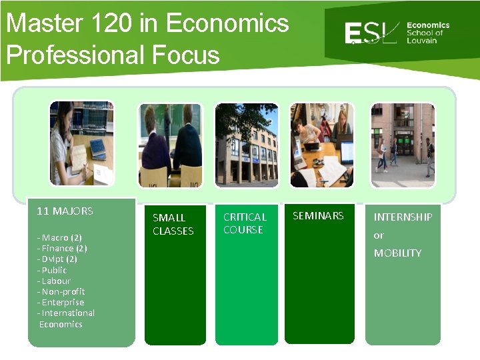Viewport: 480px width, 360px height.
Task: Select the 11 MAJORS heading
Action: click(65, 211)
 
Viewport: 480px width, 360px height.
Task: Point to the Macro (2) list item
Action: click(60, 237)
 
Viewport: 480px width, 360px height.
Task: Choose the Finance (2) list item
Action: click(63, 248)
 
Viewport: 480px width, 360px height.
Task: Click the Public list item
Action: click(53, 270)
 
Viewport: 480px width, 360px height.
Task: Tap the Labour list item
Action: click(54, 281)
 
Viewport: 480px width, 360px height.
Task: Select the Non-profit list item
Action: click(61, 291)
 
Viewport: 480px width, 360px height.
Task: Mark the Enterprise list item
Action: click(61, 302)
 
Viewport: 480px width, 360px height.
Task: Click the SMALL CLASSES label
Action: click(173, 225)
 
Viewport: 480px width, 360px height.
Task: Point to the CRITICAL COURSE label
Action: click(245, 223)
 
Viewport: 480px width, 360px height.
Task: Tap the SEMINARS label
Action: click(318, 215)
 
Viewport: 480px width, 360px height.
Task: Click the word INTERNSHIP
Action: click(403, 217)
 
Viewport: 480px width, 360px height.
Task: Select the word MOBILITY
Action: click(397, 253)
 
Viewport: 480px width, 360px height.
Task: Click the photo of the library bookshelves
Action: click(81, 143)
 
